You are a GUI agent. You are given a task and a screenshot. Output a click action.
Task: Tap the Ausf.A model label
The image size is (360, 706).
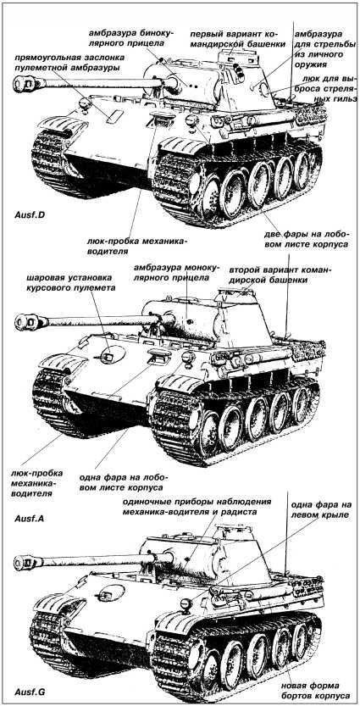[30, 516]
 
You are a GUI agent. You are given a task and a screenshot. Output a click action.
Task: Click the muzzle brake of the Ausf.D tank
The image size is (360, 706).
[23, 83]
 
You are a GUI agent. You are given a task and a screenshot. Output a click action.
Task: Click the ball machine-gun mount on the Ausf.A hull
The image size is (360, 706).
[108, 359]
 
